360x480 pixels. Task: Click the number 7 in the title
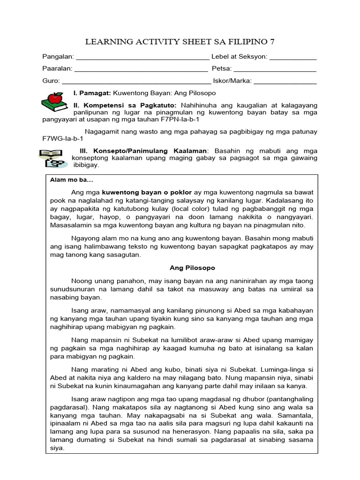272,42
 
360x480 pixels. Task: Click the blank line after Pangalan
142,59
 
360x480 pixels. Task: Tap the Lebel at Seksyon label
239,57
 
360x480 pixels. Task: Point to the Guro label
51,81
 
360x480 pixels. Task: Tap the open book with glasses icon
52,157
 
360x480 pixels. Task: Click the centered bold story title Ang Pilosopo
192,268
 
